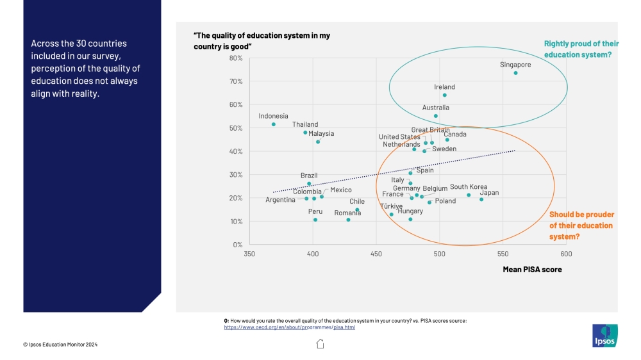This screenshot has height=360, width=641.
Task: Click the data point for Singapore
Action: click(515, 73)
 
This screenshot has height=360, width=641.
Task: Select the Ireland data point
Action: click(444, 95)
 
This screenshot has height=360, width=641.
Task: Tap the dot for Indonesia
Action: click(274, 124)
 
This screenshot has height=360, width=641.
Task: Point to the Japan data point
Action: click(481, 199)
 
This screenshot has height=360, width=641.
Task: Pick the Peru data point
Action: click(315, 220)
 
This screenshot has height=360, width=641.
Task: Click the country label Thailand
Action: click(305, 124)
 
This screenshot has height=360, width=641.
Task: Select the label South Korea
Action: click(469, 187)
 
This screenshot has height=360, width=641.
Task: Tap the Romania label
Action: click(347, 213)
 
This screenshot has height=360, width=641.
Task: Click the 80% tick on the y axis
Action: click(235, 58)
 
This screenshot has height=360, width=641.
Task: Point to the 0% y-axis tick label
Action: click(237, 245)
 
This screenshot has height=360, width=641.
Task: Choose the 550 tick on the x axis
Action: click(503, 254)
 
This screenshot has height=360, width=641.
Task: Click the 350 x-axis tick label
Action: click(249, 254)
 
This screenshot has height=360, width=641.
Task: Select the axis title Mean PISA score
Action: click(532, 270)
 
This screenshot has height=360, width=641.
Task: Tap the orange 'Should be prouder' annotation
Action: click(581, 225)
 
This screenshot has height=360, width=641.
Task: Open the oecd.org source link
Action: click(289, 327)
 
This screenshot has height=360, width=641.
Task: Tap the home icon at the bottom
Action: click(320, 344)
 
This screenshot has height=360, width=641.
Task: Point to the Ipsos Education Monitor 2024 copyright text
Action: click(61, 345)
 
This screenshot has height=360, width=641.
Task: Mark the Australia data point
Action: click(436, 116)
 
